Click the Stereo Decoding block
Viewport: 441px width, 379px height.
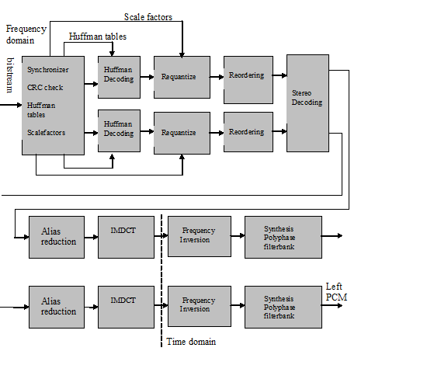[307, 103]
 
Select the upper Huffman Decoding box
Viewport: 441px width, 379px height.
[119, 76]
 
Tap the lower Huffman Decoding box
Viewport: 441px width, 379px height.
[119, 130]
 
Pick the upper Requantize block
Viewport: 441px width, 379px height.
[182, 76]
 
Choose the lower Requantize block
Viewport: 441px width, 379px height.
[182, 132]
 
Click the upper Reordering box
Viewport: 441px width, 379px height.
[248, 75]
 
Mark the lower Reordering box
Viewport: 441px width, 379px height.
[248, 132]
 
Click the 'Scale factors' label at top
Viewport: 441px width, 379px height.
[148, 16]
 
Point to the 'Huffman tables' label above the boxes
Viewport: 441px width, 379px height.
[97, 36]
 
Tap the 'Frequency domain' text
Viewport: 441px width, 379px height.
[26, 33]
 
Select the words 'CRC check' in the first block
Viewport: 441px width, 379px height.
[45, 88]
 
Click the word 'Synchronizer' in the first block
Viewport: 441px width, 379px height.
[49, 70]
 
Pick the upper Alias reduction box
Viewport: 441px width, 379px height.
[58, 236]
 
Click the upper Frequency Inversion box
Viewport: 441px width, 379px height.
[199, 236]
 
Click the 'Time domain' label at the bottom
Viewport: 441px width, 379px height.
[191, 341]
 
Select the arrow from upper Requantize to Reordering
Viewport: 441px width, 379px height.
[217, 76]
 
